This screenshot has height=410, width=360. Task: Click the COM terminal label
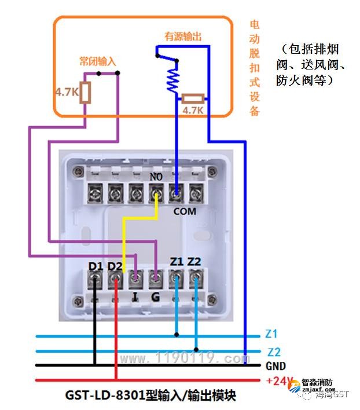tap(185, 211)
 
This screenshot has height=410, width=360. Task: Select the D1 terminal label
tap(95, 266)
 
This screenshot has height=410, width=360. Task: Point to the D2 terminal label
tap(115, 266)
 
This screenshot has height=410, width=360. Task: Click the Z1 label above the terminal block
tap(177, 262)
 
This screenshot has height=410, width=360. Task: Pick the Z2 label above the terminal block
tap(194, 262)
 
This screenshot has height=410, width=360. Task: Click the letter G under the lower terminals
tap(155, 296)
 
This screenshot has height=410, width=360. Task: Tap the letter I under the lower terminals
tap(134, 296)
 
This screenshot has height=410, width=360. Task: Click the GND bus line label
tap(275, 366)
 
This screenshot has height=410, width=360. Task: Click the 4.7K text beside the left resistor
tap(66, 91)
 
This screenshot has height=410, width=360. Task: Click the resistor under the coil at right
tap(193, 99)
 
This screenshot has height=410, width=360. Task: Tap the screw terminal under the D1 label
tap(95, 282)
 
